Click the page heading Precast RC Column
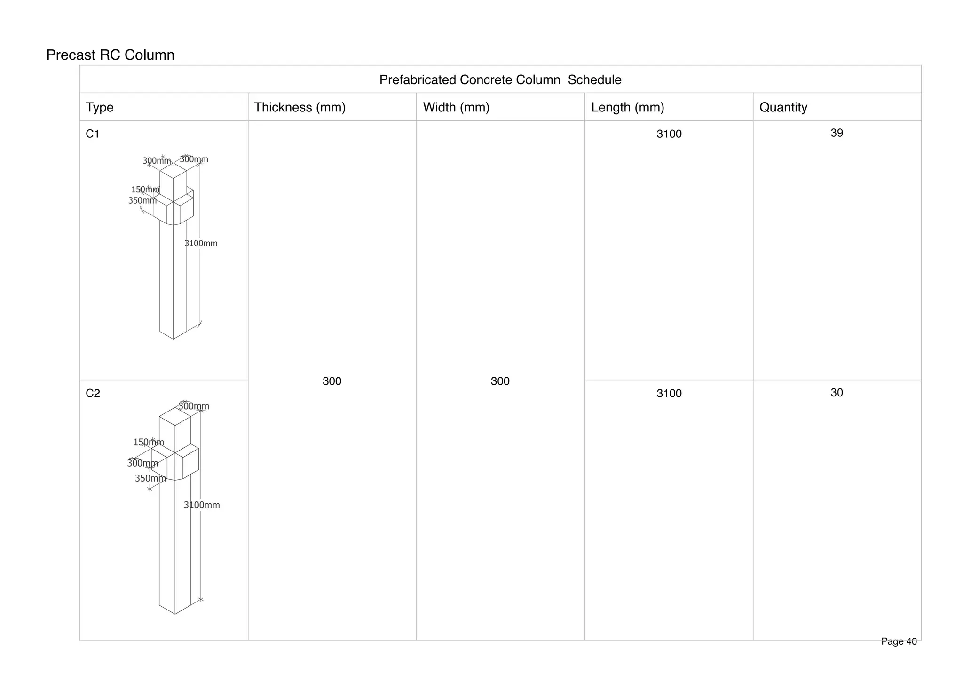(110, 55)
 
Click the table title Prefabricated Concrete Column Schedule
(500, 80)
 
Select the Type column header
(100, 107)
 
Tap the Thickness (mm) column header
(300, 107)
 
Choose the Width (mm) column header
(456, 107)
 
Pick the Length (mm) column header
(627, 107)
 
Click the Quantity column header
(783, 107)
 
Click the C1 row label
(93, 134)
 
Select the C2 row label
(93, 393)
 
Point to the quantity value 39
(837, 133)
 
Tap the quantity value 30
(837, 393)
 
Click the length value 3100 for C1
(669, 134)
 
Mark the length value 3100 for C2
(669, 394)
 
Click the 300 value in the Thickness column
(332, 381)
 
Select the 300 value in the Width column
(500, 381)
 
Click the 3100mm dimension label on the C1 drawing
(201, 244)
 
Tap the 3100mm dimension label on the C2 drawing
(202, 505)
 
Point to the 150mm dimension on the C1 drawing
(145, 190)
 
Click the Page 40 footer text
(899, 641)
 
